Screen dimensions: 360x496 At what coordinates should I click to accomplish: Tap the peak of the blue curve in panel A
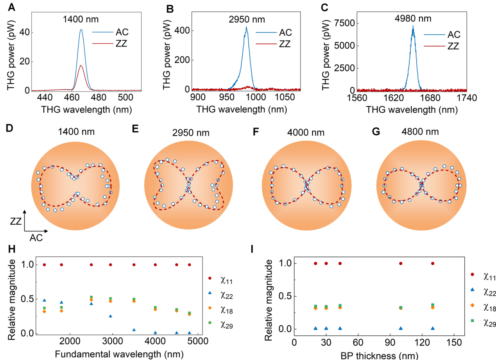click(81, 29)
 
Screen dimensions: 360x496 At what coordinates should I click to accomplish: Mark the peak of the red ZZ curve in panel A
click(81, 66)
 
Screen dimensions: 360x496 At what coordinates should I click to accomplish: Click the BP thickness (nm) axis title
click(378, 355)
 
